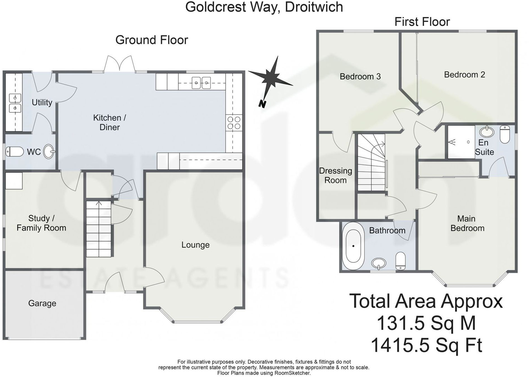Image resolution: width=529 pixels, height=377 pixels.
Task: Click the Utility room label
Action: click(x=42, y=102)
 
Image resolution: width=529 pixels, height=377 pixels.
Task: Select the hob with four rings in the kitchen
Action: click(x=234, y=123)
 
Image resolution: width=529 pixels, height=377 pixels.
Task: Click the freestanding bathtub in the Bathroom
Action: click(x=353, y=246)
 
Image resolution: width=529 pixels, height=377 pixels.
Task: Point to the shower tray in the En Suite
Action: click(x=461, y=142)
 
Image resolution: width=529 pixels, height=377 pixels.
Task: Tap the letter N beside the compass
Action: click(x=262, y=104)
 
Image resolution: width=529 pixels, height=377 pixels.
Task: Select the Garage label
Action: click(x=42, y=303)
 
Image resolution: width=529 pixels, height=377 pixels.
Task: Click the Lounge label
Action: click(x=195, y=245)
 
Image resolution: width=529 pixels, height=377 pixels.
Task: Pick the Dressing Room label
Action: click(x=335, y=175)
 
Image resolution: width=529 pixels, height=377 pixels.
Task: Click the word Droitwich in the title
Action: click(x=314, y=7)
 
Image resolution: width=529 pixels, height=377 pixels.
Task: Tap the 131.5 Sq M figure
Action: click(x=426, y=323)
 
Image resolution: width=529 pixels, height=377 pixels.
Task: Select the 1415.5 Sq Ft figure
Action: click(x=426, y=345)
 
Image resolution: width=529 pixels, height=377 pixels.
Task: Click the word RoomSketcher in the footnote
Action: click(x=292, y=373)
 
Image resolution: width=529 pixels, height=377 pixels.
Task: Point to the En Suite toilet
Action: click(x=505, y=134)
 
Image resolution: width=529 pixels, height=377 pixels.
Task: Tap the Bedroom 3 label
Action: click(x=360, y=76)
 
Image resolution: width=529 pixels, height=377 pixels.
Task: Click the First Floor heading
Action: click(x=422, y=22)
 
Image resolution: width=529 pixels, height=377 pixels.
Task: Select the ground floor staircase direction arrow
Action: click(x=99, y=203)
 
